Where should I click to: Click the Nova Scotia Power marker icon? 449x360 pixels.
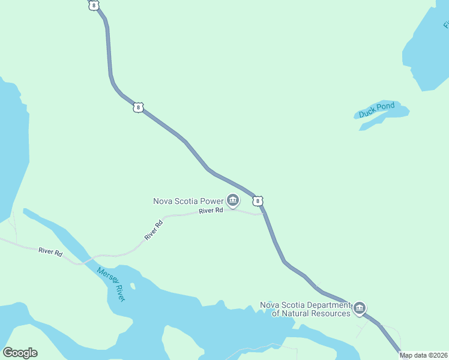[x=233, y=200]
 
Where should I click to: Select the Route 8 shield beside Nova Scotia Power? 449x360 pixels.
[x=258, y=200]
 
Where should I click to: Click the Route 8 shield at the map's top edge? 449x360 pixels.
[x=92, y=5]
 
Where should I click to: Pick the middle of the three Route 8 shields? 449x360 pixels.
[x=139, y=107]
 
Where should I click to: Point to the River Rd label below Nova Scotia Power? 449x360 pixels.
[x=211, y=211]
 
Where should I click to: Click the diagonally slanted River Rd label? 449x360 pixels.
[x=154, y=231]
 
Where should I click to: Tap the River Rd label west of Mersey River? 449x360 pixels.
[x=50, y=253]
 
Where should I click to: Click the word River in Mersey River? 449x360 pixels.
[x=120, y=293]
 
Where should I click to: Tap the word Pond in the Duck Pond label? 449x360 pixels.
[x=386, y=107]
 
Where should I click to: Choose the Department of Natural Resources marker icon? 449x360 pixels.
[x=359, y=308]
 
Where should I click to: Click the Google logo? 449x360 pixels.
[x=20, y=353]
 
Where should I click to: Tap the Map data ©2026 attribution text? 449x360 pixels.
[x=423, y=355]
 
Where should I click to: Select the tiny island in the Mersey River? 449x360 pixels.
[x=132, y=287]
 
